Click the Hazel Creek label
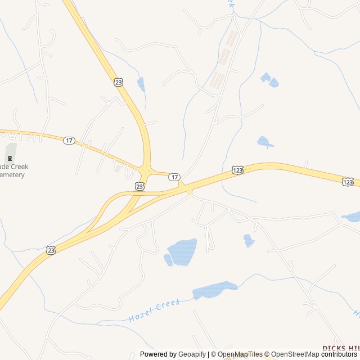[x=154, y=310]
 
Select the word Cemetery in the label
[x=12, y=175]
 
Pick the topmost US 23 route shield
[x=118, y=82]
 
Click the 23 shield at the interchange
[x=139, y=186]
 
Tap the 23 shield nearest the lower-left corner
[x=51, y=250]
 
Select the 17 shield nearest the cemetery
[x=69, y=140]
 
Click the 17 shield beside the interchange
[x=175, y=177]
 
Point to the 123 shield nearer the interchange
[x=237, y=169]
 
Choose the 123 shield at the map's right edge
[x=348, y=181]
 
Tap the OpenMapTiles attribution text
[x=240, y=354]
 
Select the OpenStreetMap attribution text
[x=295, y=354]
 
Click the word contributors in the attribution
[x=340, y=354]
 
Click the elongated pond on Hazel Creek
[x=214, y=290]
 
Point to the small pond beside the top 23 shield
[x=141, y=84]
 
